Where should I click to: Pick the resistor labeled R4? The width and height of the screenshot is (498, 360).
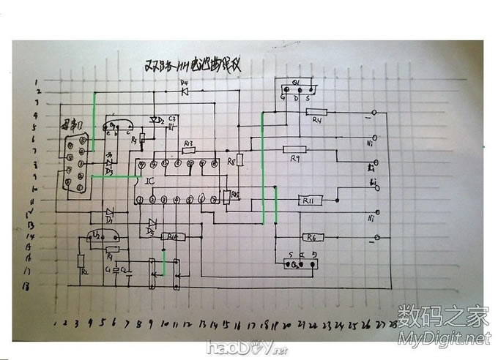(316, 112)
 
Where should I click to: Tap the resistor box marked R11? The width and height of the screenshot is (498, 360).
(307, 200)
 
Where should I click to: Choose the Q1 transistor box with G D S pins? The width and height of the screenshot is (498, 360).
(297, 89)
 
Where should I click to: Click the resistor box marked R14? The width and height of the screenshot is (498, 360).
(172, 237)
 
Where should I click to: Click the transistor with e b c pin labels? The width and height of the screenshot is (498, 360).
(116, 127)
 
